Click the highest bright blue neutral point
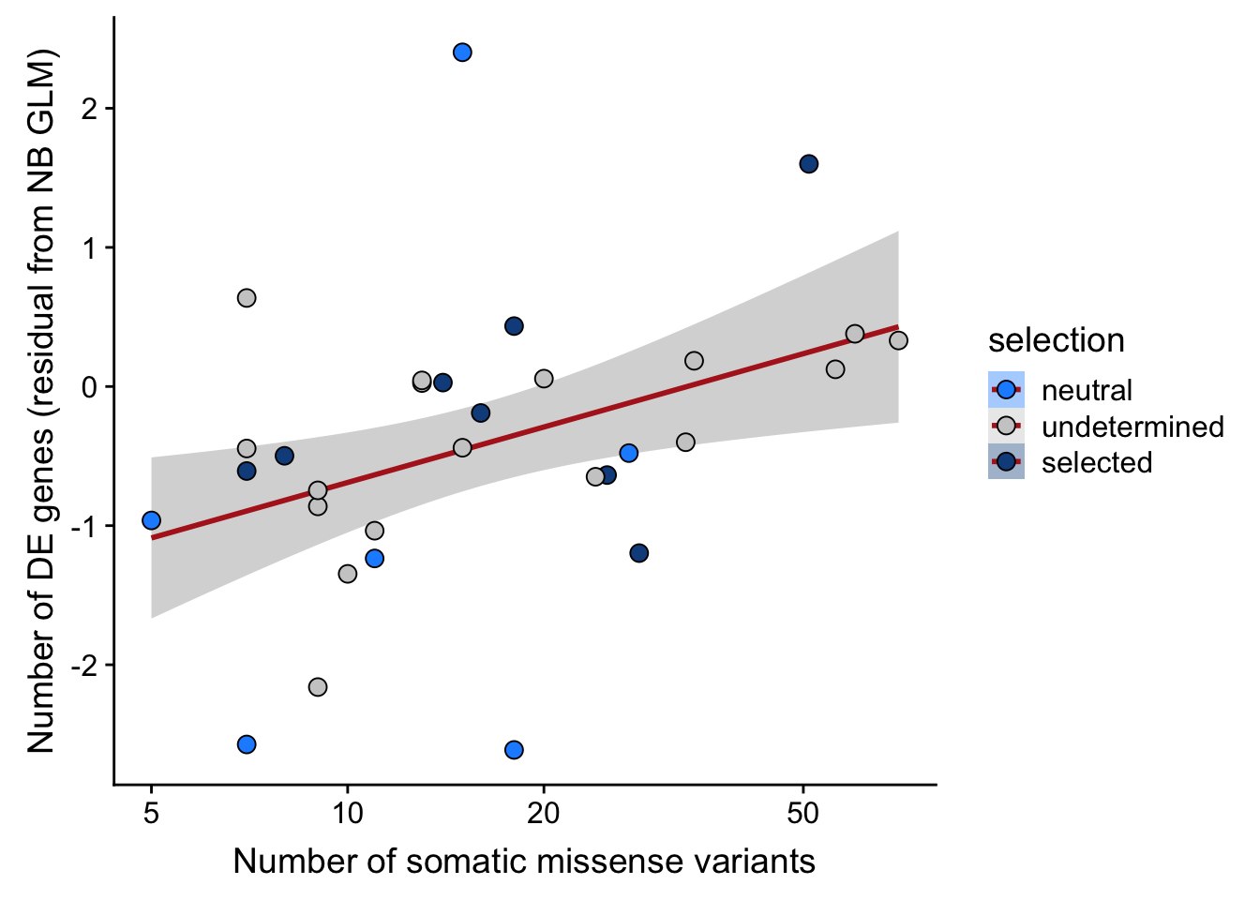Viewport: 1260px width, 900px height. [462, 52]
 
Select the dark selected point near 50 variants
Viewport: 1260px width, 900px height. [809, 164]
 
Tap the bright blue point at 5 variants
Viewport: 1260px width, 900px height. [151, 520]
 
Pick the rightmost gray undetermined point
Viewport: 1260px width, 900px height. [898, 340]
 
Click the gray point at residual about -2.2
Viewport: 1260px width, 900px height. [318, 687]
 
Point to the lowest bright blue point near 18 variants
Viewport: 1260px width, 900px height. [514, 750]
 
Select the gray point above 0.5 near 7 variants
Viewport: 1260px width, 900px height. [247, 298]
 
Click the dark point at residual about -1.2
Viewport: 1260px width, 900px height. [639, 553]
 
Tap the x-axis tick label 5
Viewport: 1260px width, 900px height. [151, 813]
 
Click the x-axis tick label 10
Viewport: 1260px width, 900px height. [348, 813]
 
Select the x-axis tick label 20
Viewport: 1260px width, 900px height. [544, 813]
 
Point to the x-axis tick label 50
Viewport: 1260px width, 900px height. [803, 813]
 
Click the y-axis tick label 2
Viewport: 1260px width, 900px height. [91, 109]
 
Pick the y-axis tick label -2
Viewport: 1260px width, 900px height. [85, 665]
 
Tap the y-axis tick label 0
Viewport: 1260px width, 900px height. [91, 386]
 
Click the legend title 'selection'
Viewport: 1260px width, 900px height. [1056, 340]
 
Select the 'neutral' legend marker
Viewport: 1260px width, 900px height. [1006, 390]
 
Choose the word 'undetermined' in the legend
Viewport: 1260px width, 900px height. [1132, 427]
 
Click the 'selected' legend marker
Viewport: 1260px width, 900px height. [1006, 462]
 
